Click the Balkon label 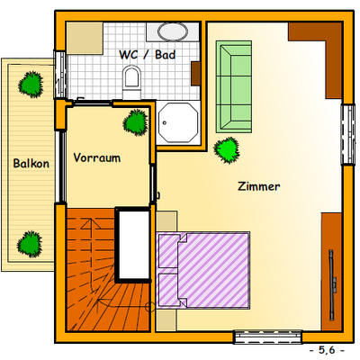[31, 164]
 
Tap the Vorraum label [97, 157]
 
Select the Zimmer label [259, 186]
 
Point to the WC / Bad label [148, 55]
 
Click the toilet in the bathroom [132, 83]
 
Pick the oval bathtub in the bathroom [173, 31]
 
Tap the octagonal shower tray [178, 122]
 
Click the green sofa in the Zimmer [234, 86]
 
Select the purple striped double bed [203, 270]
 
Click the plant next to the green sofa [227, 150]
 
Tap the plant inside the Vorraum [136, 122]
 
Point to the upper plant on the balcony [31, 85]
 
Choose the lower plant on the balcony [30, 244]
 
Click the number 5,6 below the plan [327, 350]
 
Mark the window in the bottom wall [268, 337]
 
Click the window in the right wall [348, 134]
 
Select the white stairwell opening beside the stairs [133, 245]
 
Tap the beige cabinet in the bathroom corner [85, 38]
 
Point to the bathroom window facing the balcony [59, 75]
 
